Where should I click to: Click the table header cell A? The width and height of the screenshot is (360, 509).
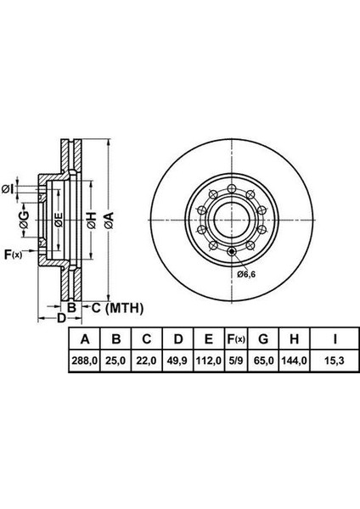(x=84, y=339)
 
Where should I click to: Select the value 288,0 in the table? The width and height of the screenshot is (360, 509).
(x=84, y=361)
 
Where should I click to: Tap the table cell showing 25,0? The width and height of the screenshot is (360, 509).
(x=115, y=361)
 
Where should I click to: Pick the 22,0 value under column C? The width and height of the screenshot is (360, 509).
(x=147, y=361)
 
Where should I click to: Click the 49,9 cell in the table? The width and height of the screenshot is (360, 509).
(x=177, y=361)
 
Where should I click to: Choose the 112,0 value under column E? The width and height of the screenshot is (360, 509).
(x=209, y=361)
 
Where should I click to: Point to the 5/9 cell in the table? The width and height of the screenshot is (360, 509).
(x=235, y=361)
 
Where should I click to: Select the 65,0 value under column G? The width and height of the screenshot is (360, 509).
(x=263, y=361)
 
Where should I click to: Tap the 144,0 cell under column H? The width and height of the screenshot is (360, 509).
(x=294, y=361)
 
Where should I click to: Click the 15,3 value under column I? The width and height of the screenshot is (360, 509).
(x=335, y=361)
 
